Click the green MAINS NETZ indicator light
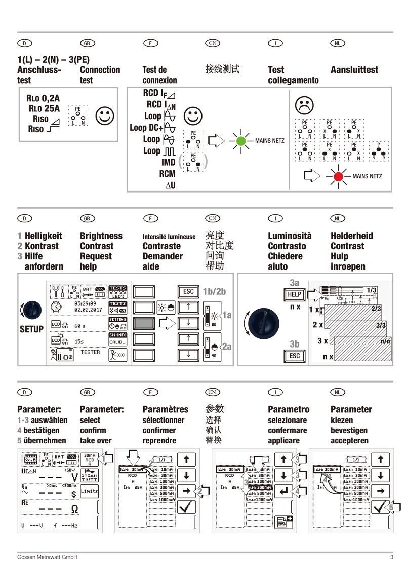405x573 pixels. pyautogui.click(x=241, y=141)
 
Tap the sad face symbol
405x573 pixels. pyautogui.click(x=304, y=105)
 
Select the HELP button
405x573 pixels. pyautogui.click(x=294, y=294)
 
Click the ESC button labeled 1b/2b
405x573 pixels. pyautogui.click(x=188, y=292)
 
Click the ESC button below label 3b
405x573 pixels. pyautogui.click(x=294, y=356)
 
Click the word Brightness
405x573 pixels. pyautogui.click(x=101, y=236)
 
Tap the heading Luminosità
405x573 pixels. pyautogui.click(x=290, y=236)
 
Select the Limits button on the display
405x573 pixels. pyautogui.click(x=90, y=491)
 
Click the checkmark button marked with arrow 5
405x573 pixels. pyautogui.click(x=379, y=507)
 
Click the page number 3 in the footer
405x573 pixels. pyautogui.click(x=391, y=557)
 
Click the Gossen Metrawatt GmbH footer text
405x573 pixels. pyautogui.click(x=47, y=557)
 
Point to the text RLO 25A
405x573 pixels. pyautogui.click(x=44, y=107)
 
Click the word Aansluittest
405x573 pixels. pyautogui.click(x=354, y=70)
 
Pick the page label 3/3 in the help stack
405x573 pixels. pyautogui.click(x=381, y=326)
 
